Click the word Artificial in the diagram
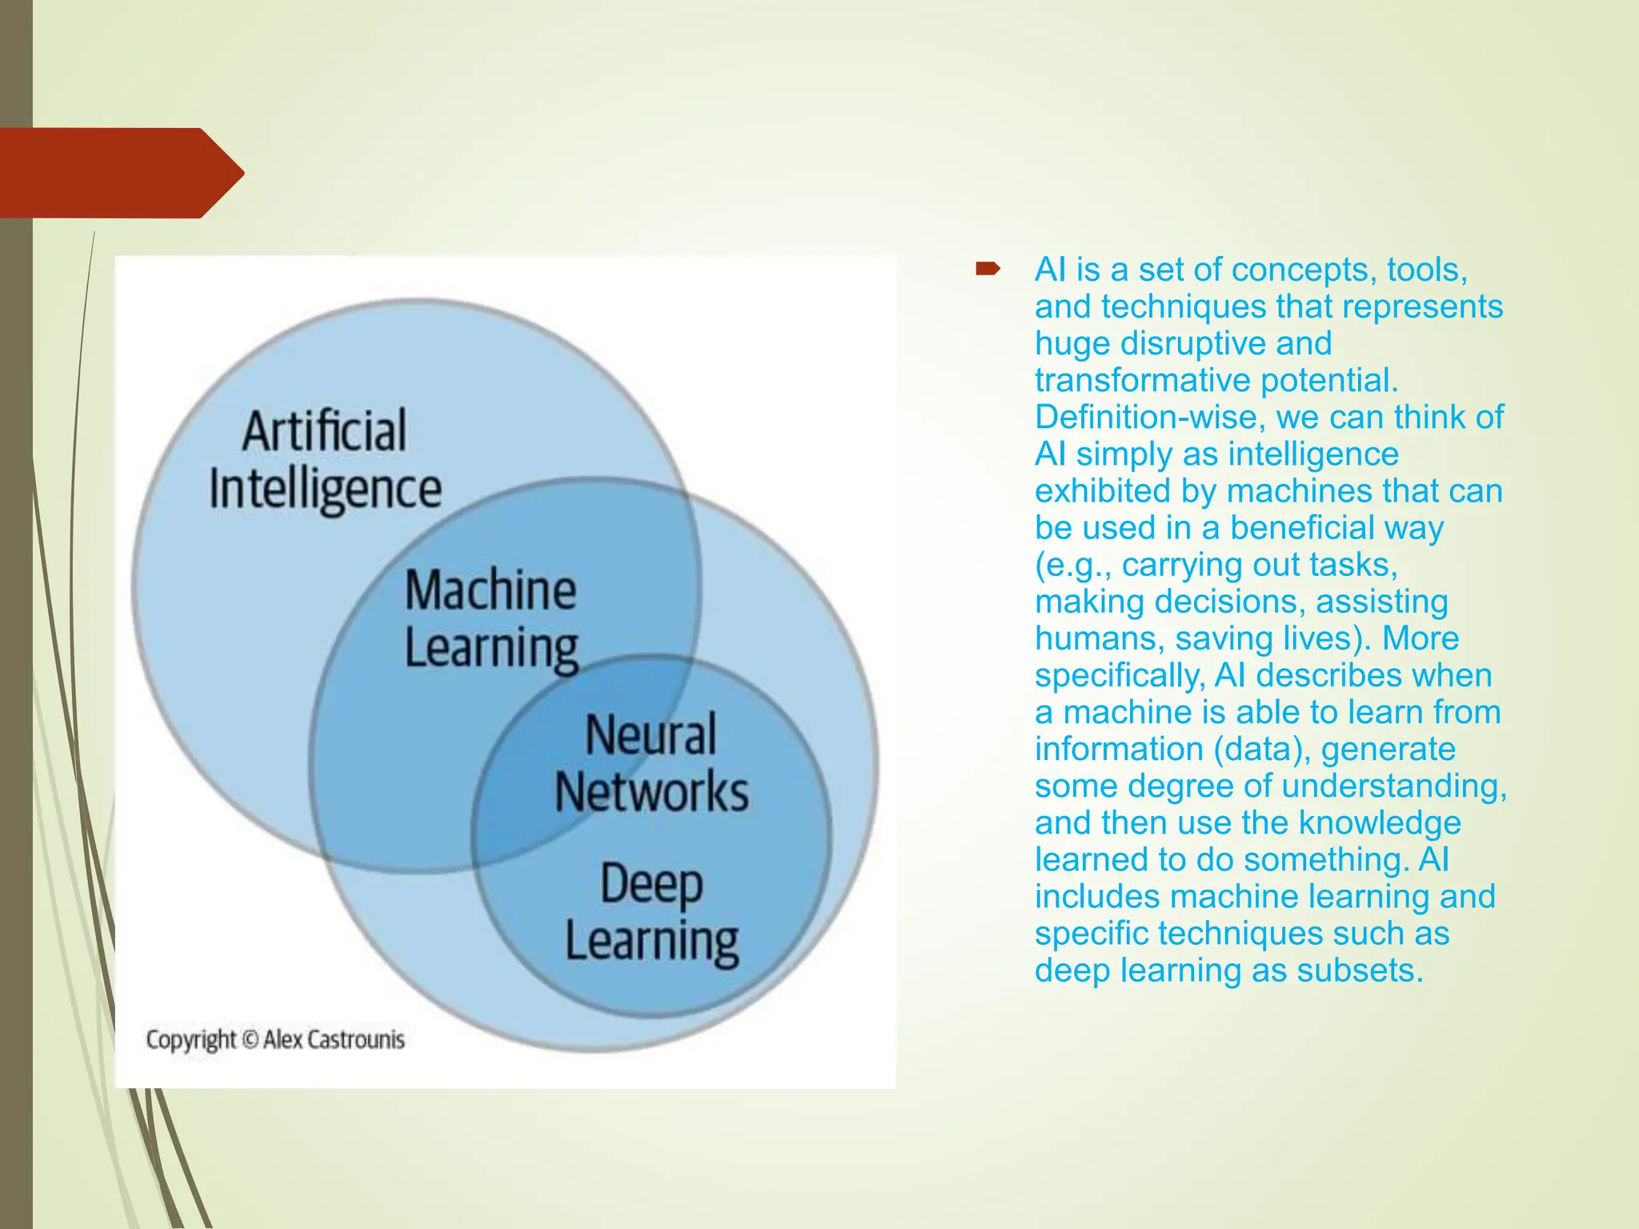click(324, 431)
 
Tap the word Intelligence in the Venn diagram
click(325, 490)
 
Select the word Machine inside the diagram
click(491, 590)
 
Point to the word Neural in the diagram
click(651, 735)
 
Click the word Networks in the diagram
click(651, 792)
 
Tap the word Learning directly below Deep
click(651, 942)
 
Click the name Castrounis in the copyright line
click(356, 1039)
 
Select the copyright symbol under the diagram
click(250, 1039)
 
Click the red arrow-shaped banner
click(120, 173)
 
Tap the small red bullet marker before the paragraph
click(988, 270)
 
